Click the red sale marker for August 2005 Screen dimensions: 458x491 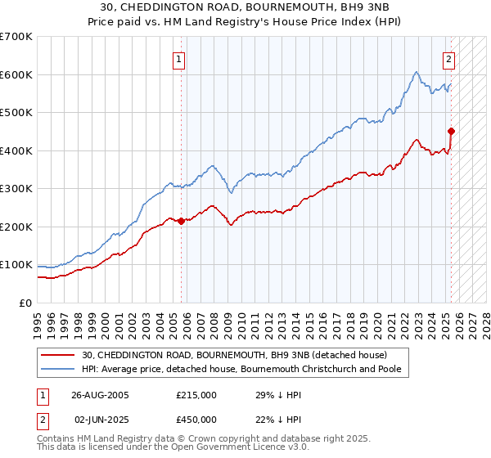click(181, 221)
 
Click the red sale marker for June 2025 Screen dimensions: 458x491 click(451, 131)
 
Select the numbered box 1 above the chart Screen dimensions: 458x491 click(178, 58)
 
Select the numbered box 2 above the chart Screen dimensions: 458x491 click(449, 58)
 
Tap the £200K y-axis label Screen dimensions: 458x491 click(16, 227)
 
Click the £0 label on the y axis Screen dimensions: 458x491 click(25, 303)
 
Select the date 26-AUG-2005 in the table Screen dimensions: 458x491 click(100, 394)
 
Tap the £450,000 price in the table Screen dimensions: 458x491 click(196, 420)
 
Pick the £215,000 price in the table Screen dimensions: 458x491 click(196, 394)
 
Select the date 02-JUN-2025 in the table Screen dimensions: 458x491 click(100, 420)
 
